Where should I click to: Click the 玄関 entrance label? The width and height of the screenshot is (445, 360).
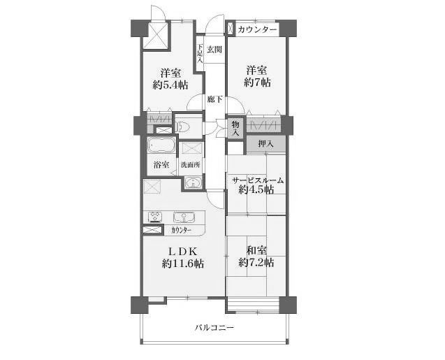[x=214, y=50]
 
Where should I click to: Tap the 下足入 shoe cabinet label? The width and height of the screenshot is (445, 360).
[x=200, y=53]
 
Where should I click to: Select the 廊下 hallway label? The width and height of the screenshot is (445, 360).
[x=214, y=100]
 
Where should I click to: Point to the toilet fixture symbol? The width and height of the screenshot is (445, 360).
[x=180, y=127]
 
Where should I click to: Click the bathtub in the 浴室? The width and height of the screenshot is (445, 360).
[x=161, y=145]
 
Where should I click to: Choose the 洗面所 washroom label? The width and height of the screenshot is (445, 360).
[x=191, y=165]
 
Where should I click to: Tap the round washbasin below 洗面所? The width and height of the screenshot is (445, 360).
[x=194, y=182]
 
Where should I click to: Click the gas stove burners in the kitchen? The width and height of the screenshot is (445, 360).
[x=155, y=217]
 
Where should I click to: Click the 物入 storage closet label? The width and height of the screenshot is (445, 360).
[x=235, y=128]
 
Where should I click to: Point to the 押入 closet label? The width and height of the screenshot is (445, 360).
[x=265, y=144]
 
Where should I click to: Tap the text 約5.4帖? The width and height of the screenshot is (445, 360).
[x=170, y=85]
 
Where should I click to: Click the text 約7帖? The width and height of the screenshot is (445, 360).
[x=257, y=82]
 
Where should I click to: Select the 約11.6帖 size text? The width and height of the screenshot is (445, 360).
[x=183, y=264]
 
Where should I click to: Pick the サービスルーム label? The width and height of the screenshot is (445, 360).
[x=258, y=180]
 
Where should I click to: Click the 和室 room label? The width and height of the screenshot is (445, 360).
[x=256, y=251]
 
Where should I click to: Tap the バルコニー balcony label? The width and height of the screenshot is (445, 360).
[x=214, y=328]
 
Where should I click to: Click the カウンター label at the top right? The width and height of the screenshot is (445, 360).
[x=257, y=29]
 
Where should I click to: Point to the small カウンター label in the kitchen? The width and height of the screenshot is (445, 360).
[x=182, y=230]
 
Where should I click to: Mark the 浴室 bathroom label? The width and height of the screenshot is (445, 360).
[x=161, y=165]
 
